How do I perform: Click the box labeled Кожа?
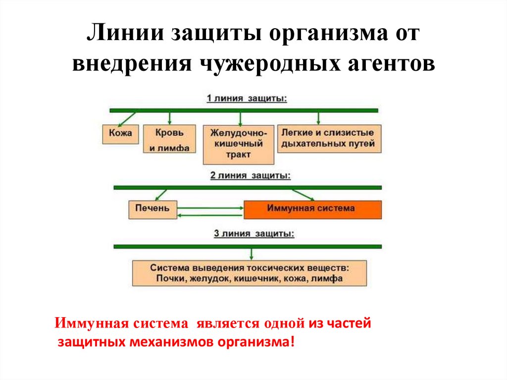click(x=120, y=134)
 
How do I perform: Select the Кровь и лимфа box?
click(x=169, y=140)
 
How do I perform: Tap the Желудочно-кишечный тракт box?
click(x=239, y=144)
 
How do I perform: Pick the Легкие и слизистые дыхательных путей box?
click(x=329, y=138)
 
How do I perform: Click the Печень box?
click(x=152, y=209)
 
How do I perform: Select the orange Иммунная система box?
click(x=312, y=209)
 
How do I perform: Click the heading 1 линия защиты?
click(x=246, y=98)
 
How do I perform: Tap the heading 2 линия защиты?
click(x=251, y=175)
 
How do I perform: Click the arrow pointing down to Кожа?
click(x=128, y=118)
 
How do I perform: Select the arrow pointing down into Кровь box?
click(x=169, y=118)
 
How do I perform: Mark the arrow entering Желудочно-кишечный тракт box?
click(x=240, y=118)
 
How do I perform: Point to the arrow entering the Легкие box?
click(x=318, y=118)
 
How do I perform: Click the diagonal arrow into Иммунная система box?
click(x=302, y=194)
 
